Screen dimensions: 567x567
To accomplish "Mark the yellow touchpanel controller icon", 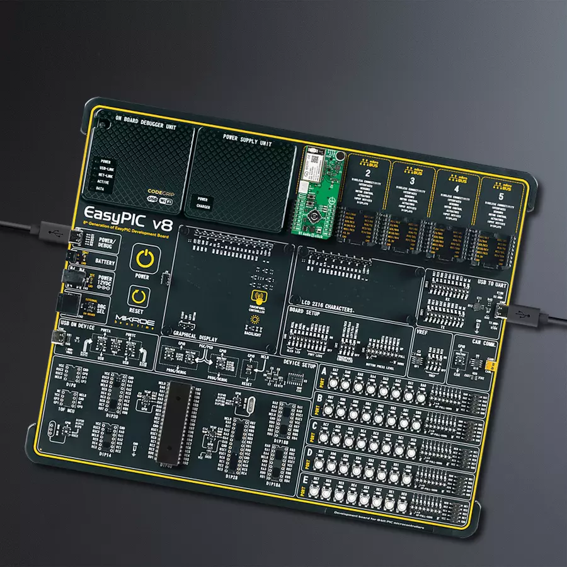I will [x=257, y=297].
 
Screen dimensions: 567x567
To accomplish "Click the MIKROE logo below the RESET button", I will [x=135, y=321].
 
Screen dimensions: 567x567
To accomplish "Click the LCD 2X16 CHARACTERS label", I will [x=322, y=301].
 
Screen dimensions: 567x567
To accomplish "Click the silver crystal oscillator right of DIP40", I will [x=246, y=404].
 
